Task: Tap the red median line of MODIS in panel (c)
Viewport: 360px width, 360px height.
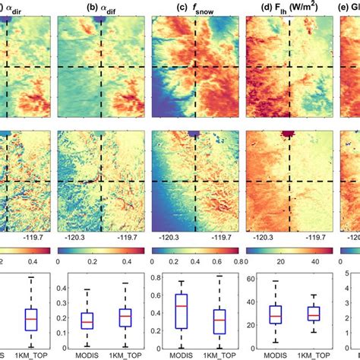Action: pos(180,305)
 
